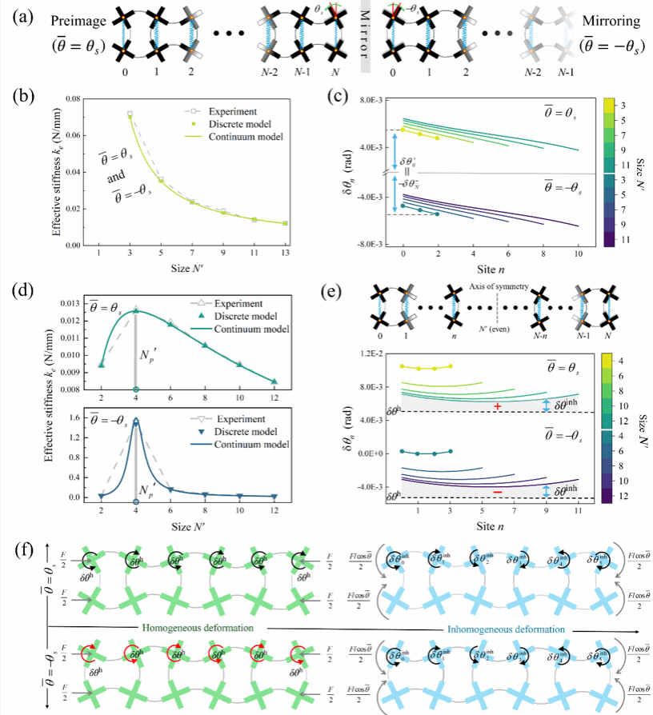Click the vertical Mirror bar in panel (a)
coord(365,40)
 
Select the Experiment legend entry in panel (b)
coord(231,110)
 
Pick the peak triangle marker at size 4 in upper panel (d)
coord(136,310)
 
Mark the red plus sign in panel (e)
coord(498,406)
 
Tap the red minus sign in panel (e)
coord(498,491)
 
